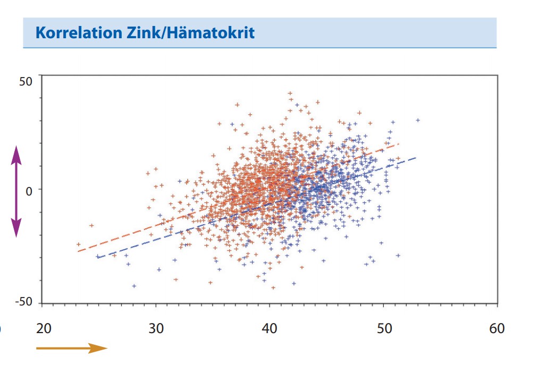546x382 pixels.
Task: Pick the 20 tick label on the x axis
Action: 44,328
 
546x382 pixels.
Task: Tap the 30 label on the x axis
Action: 156,328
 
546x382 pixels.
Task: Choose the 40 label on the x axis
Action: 270,328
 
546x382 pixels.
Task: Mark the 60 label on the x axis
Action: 497,328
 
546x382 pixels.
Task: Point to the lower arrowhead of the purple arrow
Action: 16,229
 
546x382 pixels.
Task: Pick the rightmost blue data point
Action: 418,120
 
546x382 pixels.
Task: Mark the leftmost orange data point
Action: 79,244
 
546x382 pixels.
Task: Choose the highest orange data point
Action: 290,94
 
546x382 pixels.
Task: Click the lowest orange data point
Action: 273,288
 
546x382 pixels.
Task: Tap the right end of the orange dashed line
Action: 399,143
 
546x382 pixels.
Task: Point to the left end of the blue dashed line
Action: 97,257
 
